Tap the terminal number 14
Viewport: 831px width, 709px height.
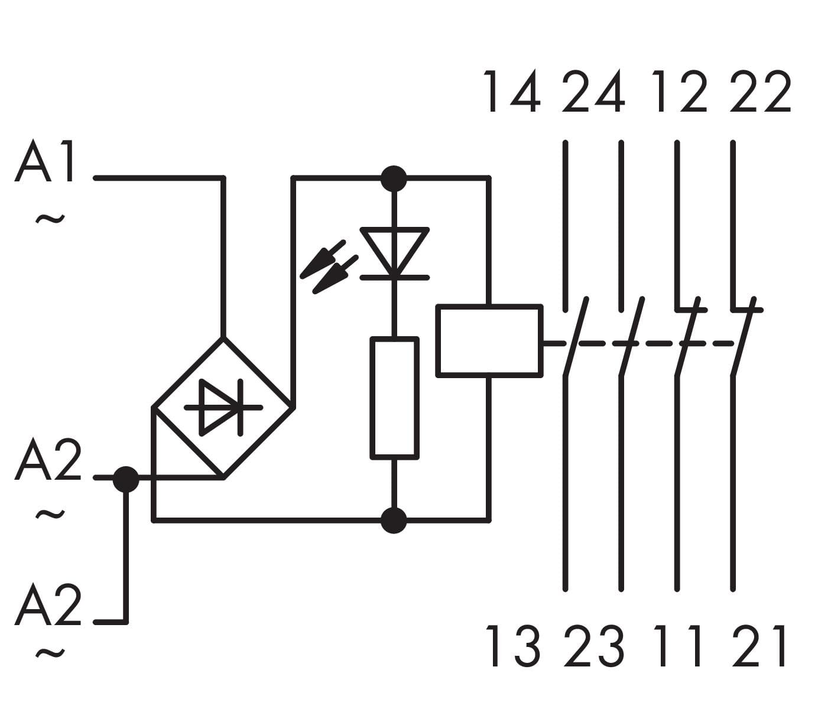click(512, 92)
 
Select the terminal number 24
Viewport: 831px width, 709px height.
click(593, 92)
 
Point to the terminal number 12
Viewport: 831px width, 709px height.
click(679, 92)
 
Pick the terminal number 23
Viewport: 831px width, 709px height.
click(593, 646)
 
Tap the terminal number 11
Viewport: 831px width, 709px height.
click(679, 646)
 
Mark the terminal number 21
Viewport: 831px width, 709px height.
click(759, 646)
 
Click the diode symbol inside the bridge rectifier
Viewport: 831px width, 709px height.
click(222, 407)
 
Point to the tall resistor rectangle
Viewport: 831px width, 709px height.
click(395, 398)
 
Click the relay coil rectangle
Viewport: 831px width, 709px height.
click(489, 340)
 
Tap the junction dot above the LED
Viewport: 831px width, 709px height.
click(394, 178)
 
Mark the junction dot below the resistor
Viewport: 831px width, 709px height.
click(394, 521)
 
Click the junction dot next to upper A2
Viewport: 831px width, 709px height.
click(125, 478)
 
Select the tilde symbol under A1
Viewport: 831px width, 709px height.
click(50, 220)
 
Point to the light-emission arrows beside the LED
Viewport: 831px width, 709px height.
click(329, 268)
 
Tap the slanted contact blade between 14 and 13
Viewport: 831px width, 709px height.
click(576, 337)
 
